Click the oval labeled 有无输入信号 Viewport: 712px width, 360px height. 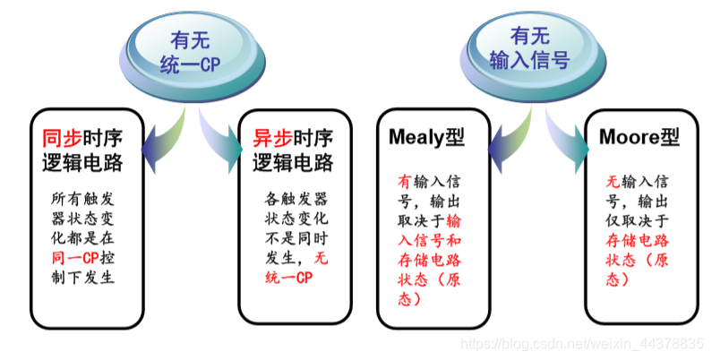(x=528, y=48)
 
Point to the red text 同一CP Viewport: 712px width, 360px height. (x=76, y=258)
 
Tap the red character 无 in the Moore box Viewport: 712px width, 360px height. (x=613, y=180)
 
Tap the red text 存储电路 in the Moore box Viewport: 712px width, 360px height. (x=639, y=240)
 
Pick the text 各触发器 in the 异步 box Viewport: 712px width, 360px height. (x=296, y=197)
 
